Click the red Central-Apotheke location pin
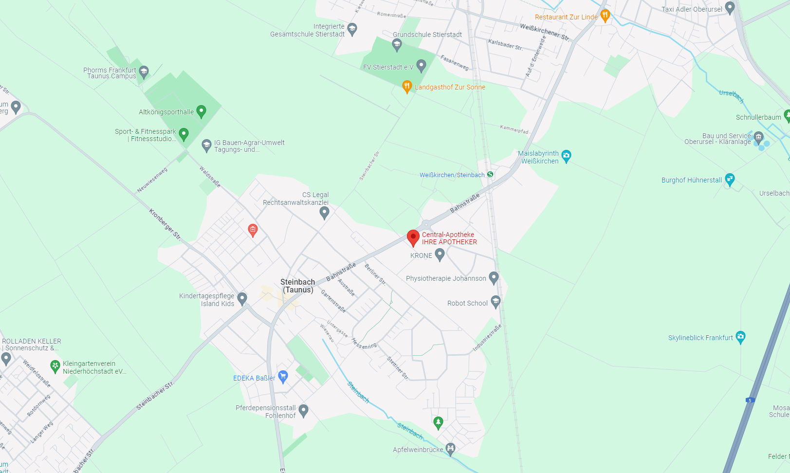[x=413, y=237]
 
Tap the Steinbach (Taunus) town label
[x=297, y=286]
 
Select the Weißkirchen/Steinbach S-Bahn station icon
[x=490, y=174]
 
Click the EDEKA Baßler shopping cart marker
[x=283, y=377]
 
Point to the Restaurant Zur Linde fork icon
[x=605, y=16]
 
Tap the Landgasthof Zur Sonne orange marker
[x=407, y=87]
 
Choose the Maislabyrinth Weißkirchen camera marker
[x=566, y=156]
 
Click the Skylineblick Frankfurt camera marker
[x=740, y=337]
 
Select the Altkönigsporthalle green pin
[x=201, y=111]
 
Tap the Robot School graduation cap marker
[x=496, y=302]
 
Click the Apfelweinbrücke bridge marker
[x=451, y=449]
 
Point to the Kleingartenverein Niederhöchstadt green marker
[x=55, y=365]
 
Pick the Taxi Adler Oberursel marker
[x=730, y=7]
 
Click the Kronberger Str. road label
[x=165, y=224]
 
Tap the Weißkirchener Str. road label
[x=544, y=32]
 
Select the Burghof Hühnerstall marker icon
[x=730, y=179]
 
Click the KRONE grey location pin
[x=440, y=254]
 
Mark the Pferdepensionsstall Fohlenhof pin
[x=303, y=410]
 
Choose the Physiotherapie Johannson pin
[x=494, y=277]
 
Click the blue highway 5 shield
[x=750, y=400]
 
